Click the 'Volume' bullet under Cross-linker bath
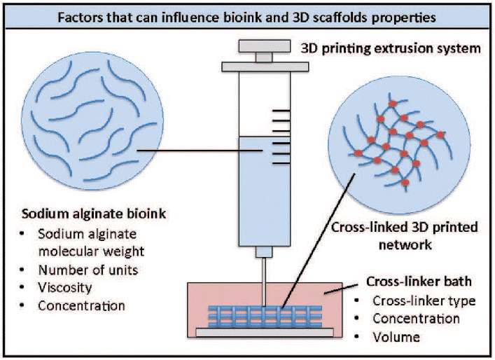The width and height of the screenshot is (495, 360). click(397, 337)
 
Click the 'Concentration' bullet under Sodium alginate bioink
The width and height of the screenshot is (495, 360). click(81, 306)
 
